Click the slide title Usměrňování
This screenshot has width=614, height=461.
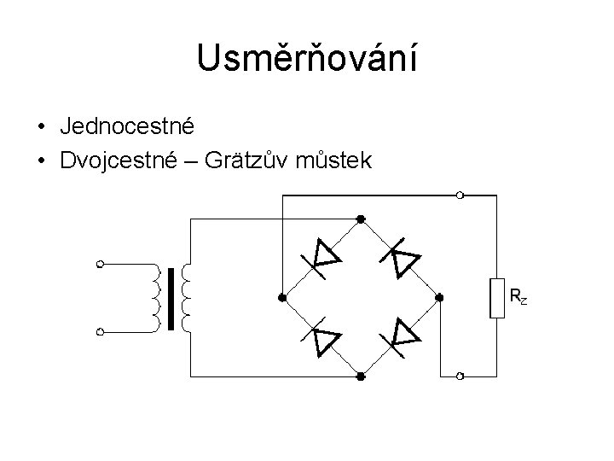306,58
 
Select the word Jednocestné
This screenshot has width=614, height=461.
128,126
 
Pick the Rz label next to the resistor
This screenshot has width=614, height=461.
518,297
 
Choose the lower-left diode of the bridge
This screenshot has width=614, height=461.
325,339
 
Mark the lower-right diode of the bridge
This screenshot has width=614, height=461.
403,335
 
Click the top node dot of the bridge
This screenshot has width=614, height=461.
361,219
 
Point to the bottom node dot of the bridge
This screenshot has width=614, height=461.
361,376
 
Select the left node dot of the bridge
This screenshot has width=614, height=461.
281,298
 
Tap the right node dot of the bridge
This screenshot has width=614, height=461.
439,298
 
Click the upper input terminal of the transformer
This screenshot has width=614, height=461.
101,264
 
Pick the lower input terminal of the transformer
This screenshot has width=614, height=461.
101,330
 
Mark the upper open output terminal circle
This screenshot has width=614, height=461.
460,195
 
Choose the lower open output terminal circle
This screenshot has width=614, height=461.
460,376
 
